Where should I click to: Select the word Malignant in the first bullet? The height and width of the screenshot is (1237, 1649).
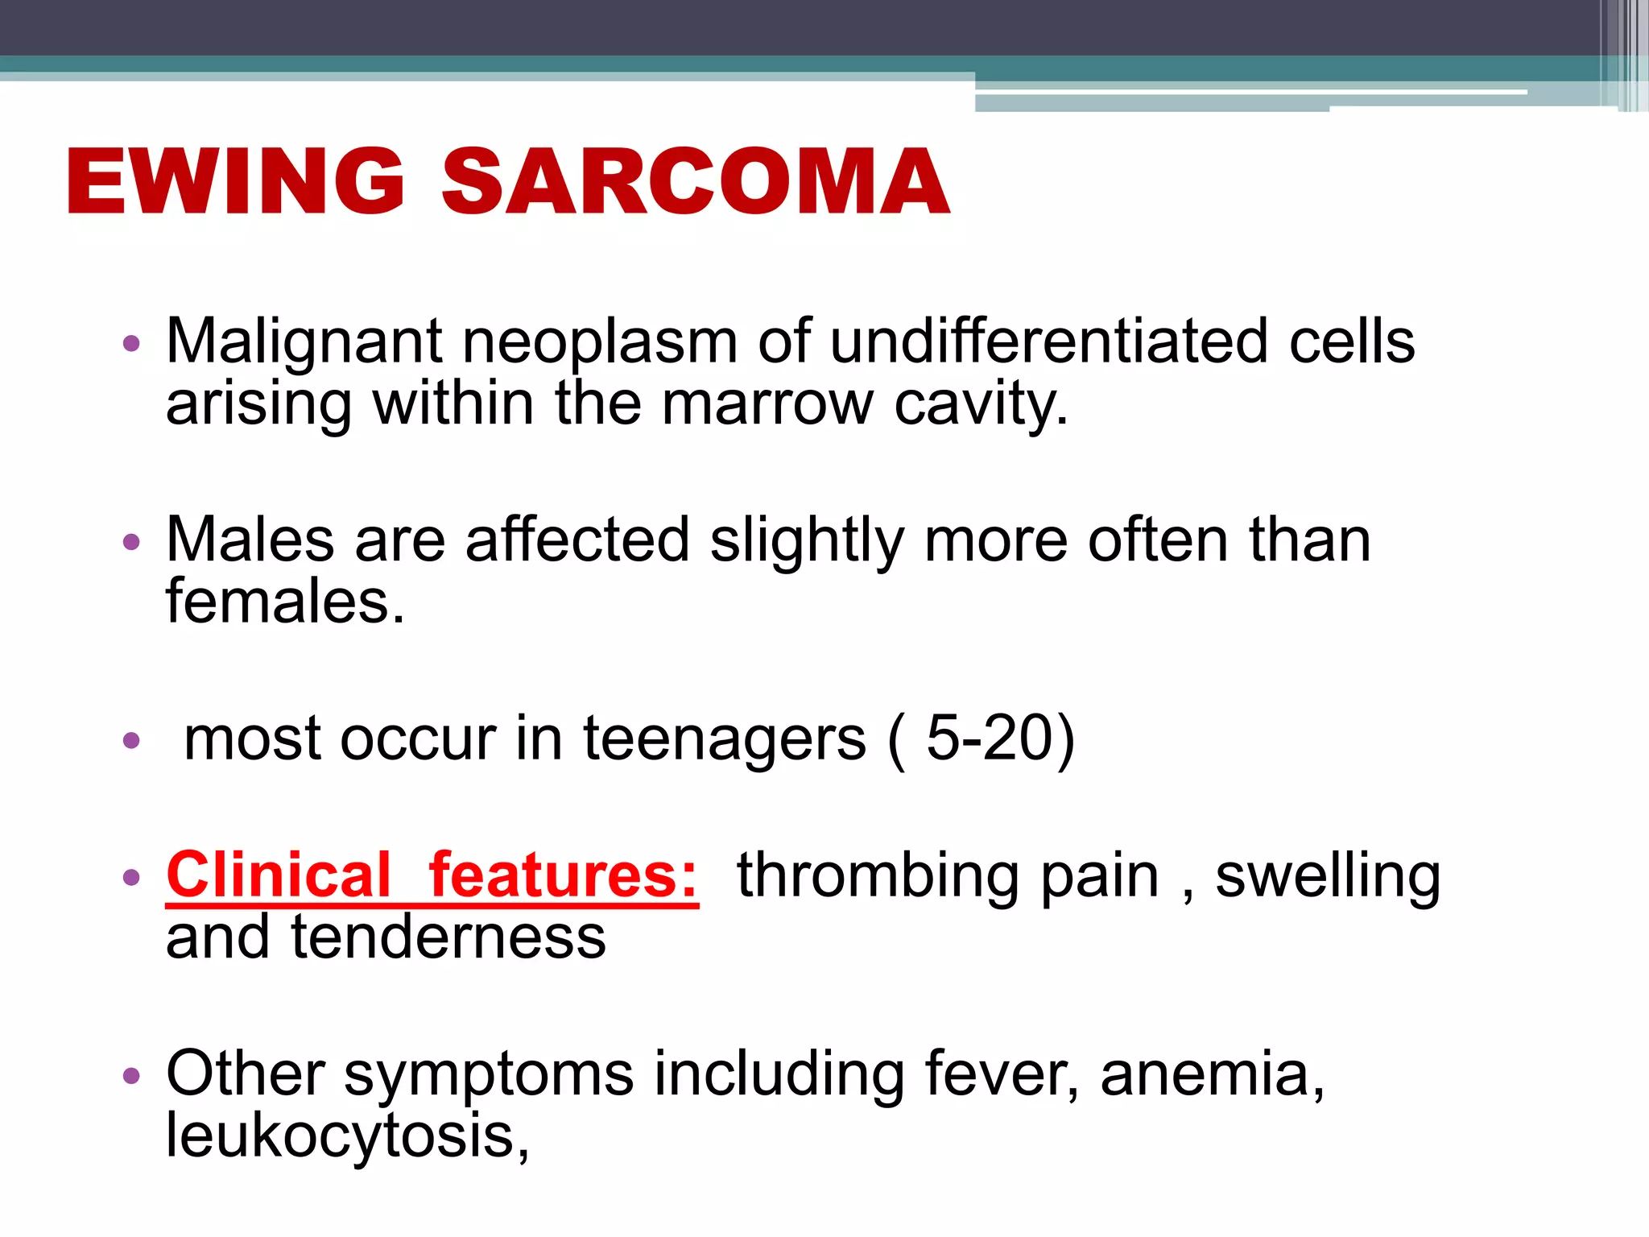coord(304,341)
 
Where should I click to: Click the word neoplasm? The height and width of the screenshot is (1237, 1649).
coord(599,341)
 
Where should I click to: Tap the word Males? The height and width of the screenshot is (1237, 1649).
coord(250,540)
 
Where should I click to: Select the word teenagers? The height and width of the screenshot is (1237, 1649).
coord(725,738)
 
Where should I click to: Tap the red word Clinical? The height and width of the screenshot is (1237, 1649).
coord(279,875)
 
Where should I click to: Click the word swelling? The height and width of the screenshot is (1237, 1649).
coord(1327,875)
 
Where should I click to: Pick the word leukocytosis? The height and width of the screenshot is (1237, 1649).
coord(347,1136)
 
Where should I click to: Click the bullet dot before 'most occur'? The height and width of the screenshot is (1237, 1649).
coord(131,740)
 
